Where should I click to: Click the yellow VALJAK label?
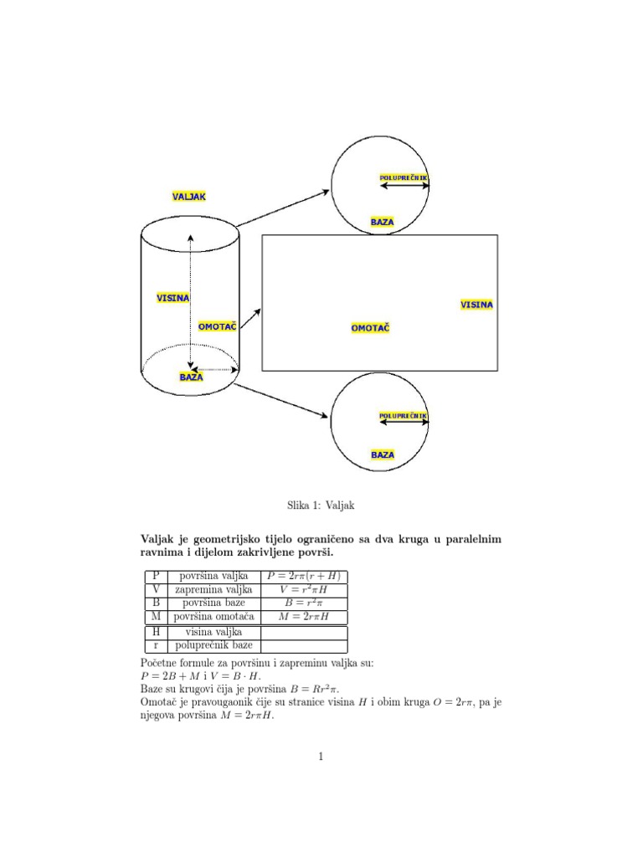coord(188,196)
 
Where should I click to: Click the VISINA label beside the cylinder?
coord(172,298)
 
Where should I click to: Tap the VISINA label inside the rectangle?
coord(476,305)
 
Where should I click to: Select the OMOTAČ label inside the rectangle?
coord(370,328)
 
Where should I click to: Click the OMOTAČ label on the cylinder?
coord(217,326)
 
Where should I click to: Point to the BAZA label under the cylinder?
coord(191,377)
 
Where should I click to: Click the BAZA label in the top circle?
coord(382,222)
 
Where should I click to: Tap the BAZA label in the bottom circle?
coord(383,454)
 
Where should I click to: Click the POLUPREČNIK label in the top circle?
coord(404,177)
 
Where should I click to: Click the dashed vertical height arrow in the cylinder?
coord(191,301)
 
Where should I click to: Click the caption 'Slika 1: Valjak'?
coord(321,505)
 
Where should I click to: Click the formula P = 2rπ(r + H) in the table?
coord(304,576)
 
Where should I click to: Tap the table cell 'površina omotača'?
coord(213,616)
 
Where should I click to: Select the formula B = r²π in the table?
coord(304,603)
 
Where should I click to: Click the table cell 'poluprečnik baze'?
coord(213,645)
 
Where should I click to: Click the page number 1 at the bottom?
coord(321,757)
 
